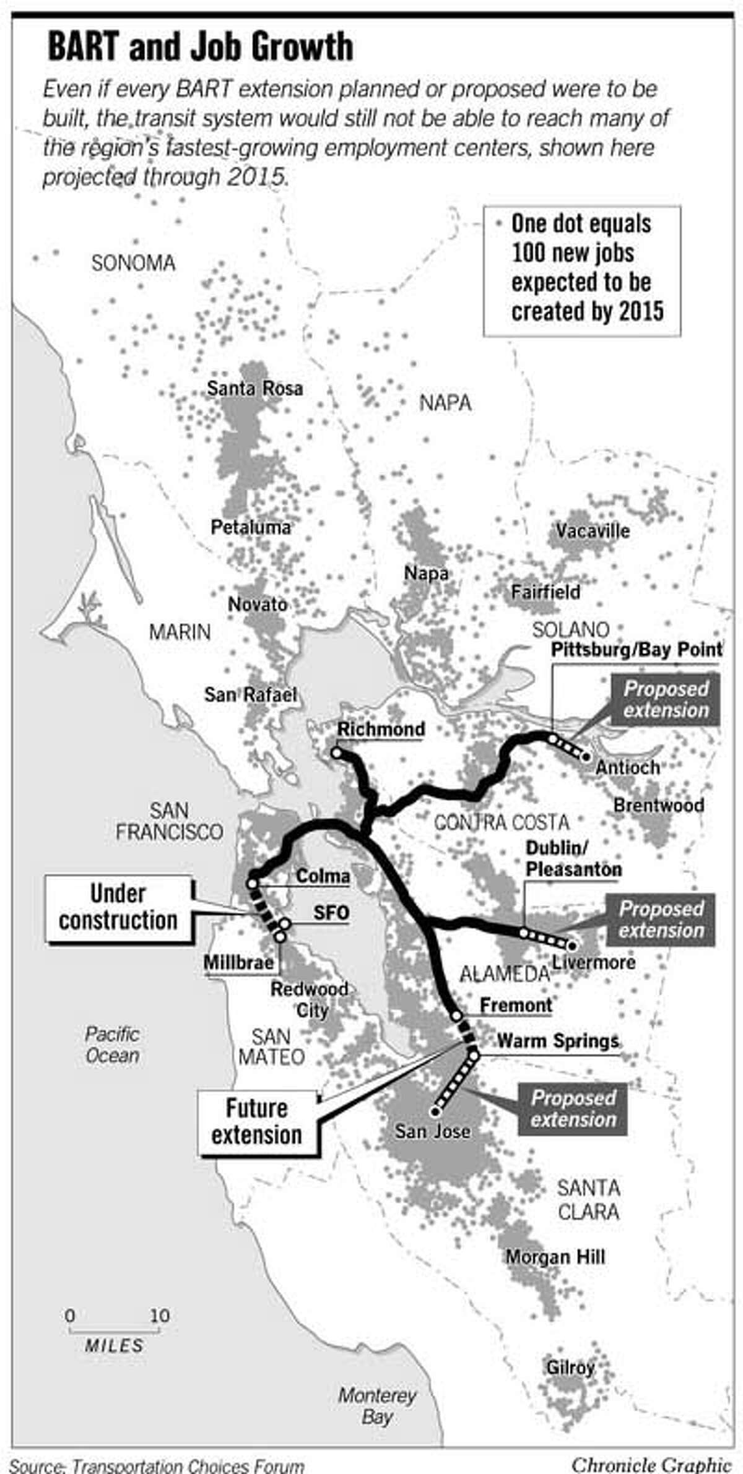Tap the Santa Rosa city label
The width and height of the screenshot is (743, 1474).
click(x=254, y=389)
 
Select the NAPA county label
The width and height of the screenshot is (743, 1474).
click(x=445, y=403)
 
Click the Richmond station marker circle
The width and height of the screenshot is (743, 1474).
click(x=336, y=753)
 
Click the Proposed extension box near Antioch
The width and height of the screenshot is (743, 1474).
click(x=666, y=700)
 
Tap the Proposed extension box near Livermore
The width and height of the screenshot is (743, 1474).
click(x=661, y=920)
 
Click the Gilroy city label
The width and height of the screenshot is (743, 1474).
click(x=570, y=1367)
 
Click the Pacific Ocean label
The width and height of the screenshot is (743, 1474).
click(x=112, y=1045)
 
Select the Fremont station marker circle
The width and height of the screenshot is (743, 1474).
click(x=456, y=1015)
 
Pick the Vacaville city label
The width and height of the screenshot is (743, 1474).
click(x=592, y=531)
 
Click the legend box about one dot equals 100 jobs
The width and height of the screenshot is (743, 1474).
click(x=581, y=271)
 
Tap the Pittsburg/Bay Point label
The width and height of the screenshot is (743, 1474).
click(x=637, y=649)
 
